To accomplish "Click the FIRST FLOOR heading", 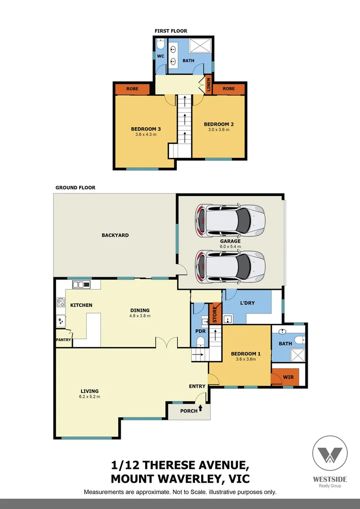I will click(x=171, y=31).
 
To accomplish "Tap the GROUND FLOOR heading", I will click(x=75, y=188).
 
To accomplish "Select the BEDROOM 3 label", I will click(x=146, y=129).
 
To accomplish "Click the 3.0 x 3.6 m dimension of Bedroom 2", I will click(x=219, y=130).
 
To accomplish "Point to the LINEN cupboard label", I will click(x=208, y=85).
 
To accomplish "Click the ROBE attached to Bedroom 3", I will click(x=132, y=89).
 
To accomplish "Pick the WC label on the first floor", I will click(x=160, y=56).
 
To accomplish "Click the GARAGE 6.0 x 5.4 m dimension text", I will click(x=230, y=246).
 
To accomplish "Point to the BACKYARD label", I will click(x=115, y=235).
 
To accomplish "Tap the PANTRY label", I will click(x=63, y=339).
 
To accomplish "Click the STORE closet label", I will click(x=215, y=314).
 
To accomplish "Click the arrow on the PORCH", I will click(x=202, y=408).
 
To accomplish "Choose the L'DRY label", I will click(x=247, y=303).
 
